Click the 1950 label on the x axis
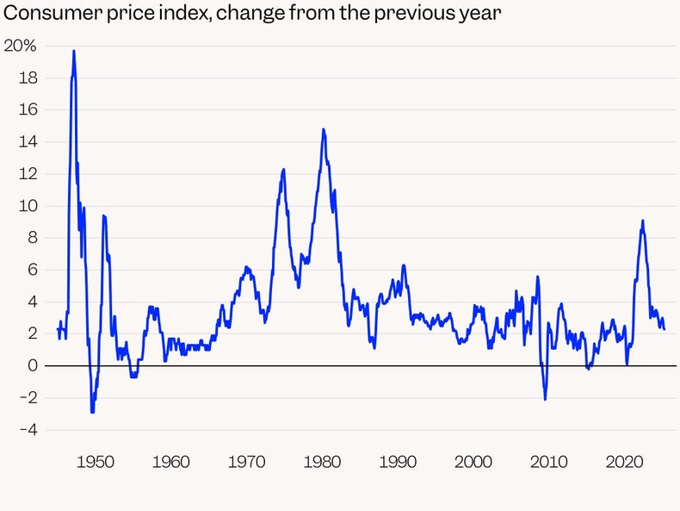pos(95,462)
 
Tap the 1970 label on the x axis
pos(246,462)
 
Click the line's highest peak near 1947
pos(74,51)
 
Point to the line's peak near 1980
pos(323,129)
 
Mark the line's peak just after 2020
pos(642,221)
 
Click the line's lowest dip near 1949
pos(92,412)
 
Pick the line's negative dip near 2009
pos(545,399)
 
